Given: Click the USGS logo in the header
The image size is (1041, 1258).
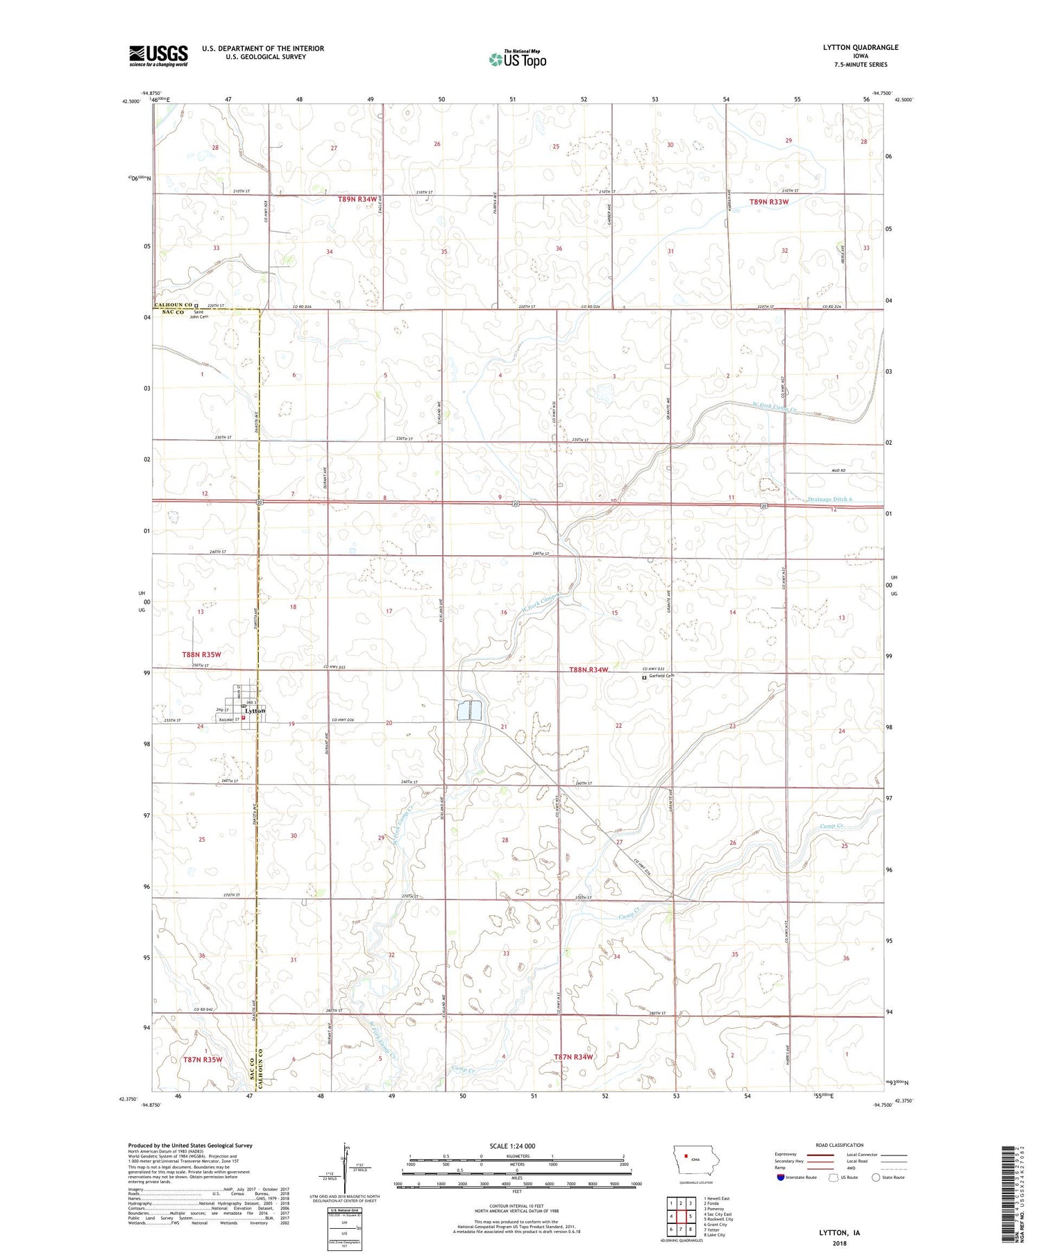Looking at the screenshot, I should coord(158,56).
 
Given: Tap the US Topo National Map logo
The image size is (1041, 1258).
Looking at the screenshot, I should coord(517,60).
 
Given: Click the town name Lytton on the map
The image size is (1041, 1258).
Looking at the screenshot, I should coord(254,712).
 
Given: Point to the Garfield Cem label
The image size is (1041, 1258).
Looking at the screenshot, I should coord(661,676).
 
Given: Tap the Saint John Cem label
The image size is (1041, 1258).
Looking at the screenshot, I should coord(200,314).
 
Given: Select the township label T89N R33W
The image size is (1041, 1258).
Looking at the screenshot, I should coord(769,202).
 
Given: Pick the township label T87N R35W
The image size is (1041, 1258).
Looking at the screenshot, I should coord(203,1060).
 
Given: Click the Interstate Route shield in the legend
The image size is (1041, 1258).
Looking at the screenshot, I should coord(780,1178).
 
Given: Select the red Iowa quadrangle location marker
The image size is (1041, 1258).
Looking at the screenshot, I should coord(686,1156).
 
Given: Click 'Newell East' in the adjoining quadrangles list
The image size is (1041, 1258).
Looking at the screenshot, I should coord(718,1198).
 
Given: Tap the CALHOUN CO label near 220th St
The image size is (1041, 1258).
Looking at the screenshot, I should coord(172,305).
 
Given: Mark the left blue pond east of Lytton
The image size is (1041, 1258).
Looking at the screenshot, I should coord(462,710).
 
